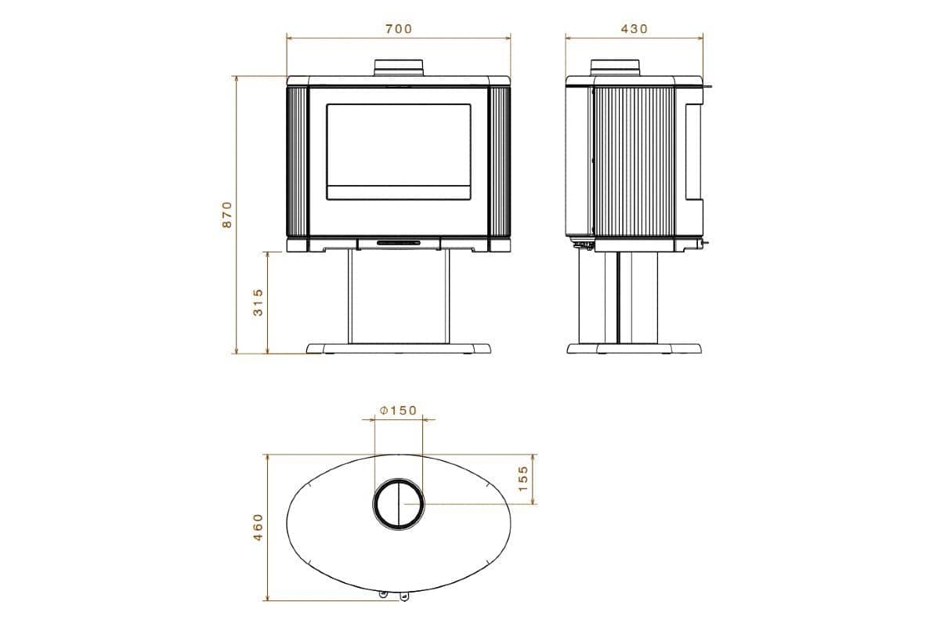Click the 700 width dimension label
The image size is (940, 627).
pyautogui.click(x=398, y=29)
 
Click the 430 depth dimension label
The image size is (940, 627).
pyautogui.click(x=634, y=29)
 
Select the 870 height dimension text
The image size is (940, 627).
pyautogui.click(x=227, y=214)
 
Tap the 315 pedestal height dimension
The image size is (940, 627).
pyautogui.click(x=258, y=302)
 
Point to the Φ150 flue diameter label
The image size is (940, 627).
pyautogui.click(x=398, y=411)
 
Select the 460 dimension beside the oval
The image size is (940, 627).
pyautogui.click(x=258, y=527)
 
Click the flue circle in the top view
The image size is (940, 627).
pyautogui.click(x=399, y=504)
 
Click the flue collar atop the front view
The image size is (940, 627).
pyautogui.click(x=399, y=67)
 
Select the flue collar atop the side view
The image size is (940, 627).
pyautogui.click(x=615, y=67)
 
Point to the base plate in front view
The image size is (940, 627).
pyautogui.click(x=399, y=348)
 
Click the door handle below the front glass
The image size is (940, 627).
pyautogui.click(x=399, y=244)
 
